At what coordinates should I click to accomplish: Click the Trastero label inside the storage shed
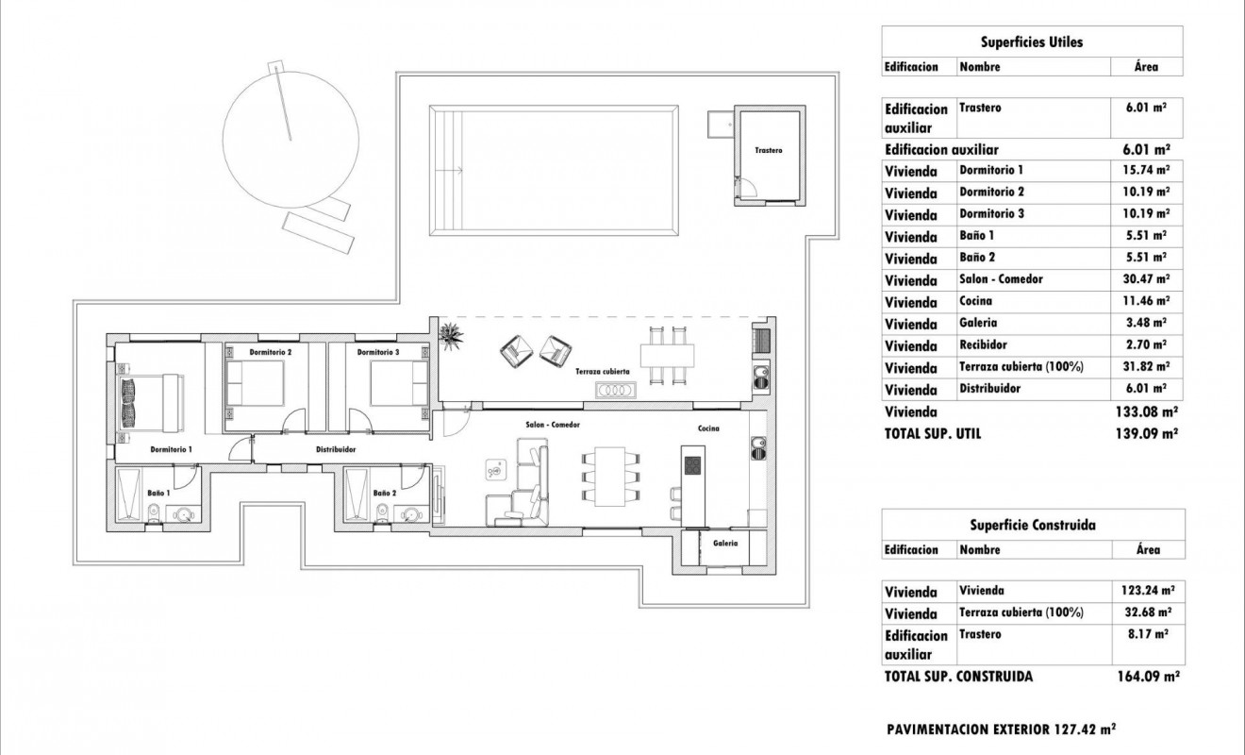(x=768, y=151)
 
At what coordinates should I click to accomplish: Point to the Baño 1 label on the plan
(x=158, y=493)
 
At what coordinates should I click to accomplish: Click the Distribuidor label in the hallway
(x=335, y=450)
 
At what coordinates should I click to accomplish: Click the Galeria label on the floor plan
(x=724, y=543)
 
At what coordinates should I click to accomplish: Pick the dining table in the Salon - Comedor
(x=609, y=475)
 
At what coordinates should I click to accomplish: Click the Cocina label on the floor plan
(x=708, y=428)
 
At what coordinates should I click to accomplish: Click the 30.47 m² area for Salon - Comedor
(x=1148, y=279)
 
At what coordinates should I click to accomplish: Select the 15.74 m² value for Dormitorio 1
(x=1148, y=171)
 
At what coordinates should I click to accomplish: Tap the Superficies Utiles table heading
(x=1031, y=42)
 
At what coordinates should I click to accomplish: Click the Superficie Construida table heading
(x=1031, y=525)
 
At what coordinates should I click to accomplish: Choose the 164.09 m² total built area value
(x=1148, y=677)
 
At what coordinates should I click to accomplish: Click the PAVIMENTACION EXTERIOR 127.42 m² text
(x=1002, y=730)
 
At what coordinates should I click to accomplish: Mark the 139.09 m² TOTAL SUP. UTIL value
(x=1148, y=433)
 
